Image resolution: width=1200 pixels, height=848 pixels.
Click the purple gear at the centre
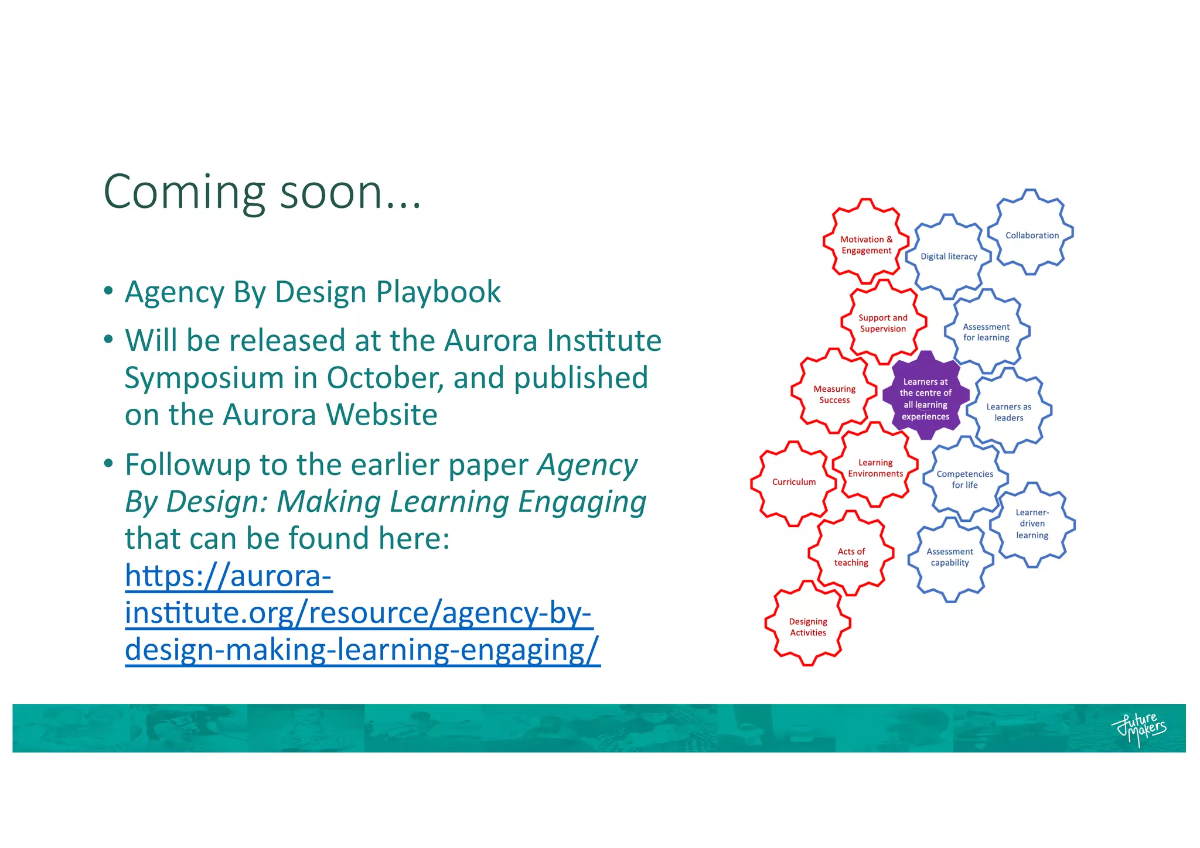(925, 398)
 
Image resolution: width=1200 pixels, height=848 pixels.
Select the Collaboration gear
(1031, 234)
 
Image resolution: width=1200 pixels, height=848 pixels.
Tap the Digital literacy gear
(949, 256)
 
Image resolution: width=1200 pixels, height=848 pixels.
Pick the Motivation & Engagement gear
(866, 244)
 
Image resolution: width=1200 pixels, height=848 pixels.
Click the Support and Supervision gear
(882, 323)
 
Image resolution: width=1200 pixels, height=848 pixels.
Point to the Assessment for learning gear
(987, 332)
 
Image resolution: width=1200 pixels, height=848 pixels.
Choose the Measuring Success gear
(834, 394)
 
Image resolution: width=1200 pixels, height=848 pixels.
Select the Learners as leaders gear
(1008, 412)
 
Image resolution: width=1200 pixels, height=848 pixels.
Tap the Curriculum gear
(793, 482)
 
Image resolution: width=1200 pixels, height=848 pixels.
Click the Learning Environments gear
(875, 468)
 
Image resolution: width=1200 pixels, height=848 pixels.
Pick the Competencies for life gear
(964, 479)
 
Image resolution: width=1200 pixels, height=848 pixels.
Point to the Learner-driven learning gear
(1032, 524)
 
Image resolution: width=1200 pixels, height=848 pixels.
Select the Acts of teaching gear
(851, 556)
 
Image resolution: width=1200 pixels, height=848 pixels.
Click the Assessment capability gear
(950, 557)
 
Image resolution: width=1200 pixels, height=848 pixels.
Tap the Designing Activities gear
(807, 627)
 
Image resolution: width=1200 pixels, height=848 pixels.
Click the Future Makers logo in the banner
(1138, 729)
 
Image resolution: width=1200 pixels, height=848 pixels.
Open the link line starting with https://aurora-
(229, 576)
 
